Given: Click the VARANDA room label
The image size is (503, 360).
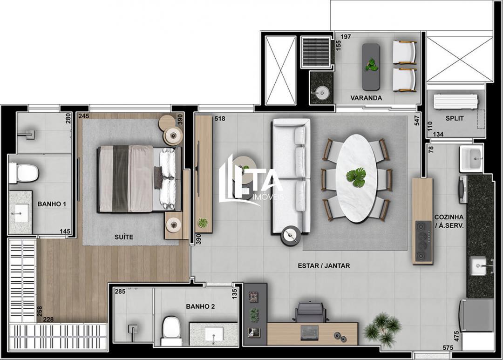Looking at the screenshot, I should (x=366, y=98).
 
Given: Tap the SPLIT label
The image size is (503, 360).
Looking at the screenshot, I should (x=454, y=118).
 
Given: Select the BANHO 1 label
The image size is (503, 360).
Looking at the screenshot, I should (x=52, y=204).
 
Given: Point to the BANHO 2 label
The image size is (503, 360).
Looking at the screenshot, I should (x=200, y=306).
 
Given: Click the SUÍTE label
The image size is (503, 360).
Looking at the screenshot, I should (x=124, y=237).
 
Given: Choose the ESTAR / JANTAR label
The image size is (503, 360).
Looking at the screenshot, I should (x=324, y=266).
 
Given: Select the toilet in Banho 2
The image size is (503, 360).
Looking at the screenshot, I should (x=171, y=330).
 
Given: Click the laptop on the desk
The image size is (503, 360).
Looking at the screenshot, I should (x=310, y=332).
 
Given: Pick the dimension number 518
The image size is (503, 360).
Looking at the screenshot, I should (x=220, y=119).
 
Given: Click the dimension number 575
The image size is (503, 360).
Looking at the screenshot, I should (x=448, y=348).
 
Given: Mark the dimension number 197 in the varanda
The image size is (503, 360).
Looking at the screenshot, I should (x=346, y=37).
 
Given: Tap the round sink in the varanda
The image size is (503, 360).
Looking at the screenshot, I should (x=321, y=92).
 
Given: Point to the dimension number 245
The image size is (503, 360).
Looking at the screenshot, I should (x=84, y=116).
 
